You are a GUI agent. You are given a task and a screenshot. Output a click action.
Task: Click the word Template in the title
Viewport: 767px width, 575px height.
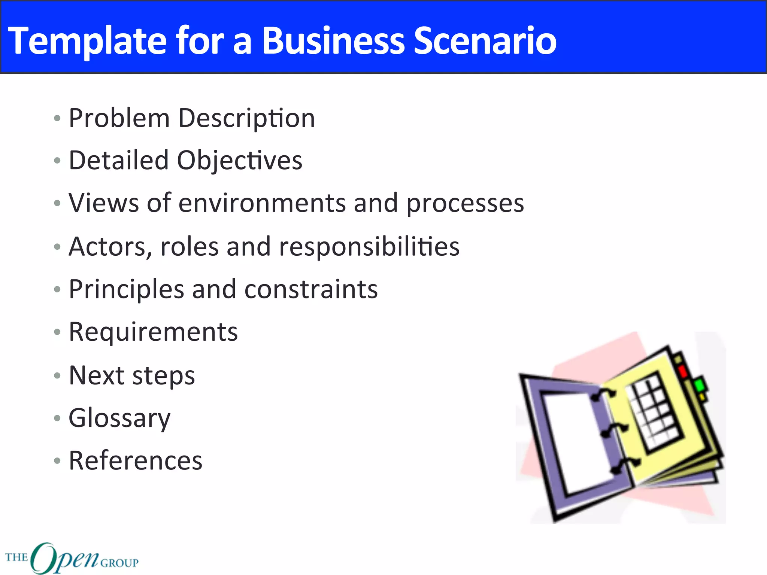tap(87, 41)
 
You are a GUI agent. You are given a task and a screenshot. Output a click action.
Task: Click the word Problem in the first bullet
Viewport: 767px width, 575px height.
tap(119, 118)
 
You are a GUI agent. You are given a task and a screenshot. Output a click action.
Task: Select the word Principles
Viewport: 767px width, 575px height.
tap(127, 290)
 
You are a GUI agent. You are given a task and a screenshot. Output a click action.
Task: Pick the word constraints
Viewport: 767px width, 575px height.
tap(311, 290)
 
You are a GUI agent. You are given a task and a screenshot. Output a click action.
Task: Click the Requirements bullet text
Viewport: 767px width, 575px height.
tap(153, 332)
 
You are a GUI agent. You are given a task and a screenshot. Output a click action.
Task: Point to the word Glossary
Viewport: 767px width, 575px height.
tap(119, 418)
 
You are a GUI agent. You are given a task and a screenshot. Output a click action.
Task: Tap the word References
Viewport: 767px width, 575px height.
tap(136, 460)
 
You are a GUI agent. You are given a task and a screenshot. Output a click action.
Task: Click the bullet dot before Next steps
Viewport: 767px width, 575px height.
tap(57, 375)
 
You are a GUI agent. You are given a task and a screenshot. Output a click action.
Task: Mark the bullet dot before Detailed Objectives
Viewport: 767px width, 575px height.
tap(57, 161)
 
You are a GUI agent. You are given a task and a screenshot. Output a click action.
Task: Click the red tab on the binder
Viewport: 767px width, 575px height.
tap(682, 371)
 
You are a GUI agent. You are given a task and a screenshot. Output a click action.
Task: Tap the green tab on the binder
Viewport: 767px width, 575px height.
tap(699, 385)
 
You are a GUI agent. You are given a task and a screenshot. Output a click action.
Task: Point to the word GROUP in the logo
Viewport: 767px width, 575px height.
tap(119, 563)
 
